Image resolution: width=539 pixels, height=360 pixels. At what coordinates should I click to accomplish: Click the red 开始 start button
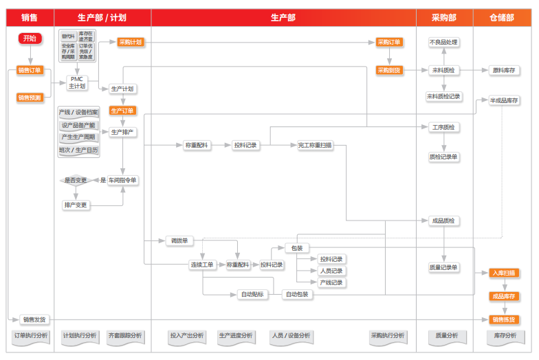30,38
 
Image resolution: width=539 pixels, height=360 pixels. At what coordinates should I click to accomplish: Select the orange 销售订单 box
30,70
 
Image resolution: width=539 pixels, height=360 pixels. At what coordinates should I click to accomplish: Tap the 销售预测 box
30,98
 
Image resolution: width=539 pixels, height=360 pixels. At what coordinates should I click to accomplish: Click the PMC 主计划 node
77,82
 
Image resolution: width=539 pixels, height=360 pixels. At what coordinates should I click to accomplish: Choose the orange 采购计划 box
131,42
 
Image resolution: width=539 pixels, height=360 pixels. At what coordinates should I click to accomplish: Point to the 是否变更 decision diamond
76,180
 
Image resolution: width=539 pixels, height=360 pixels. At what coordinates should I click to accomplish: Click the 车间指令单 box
123,180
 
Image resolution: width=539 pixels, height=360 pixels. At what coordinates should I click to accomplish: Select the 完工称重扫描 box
315,145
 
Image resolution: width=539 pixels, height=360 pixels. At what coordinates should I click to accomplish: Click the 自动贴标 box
252,295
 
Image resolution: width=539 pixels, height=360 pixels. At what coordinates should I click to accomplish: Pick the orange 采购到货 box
389,70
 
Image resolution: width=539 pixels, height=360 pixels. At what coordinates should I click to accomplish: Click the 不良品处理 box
443,42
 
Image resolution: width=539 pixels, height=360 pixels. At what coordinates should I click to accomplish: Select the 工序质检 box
443,127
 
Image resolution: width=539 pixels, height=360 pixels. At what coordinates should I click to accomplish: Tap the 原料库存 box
504,70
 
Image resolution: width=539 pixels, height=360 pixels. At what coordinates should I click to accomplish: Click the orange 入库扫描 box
503,273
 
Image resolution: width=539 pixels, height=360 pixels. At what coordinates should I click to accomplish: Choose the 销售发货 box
35,319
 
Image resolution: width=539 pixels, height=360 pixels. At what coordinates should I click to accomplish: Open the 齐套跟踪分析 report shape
125,336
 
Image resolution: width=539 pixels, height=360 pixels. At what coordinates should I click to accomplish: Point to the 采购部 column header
444,17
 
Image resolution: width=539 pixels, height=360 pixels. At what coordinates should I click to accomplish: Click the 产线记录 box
331,282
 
